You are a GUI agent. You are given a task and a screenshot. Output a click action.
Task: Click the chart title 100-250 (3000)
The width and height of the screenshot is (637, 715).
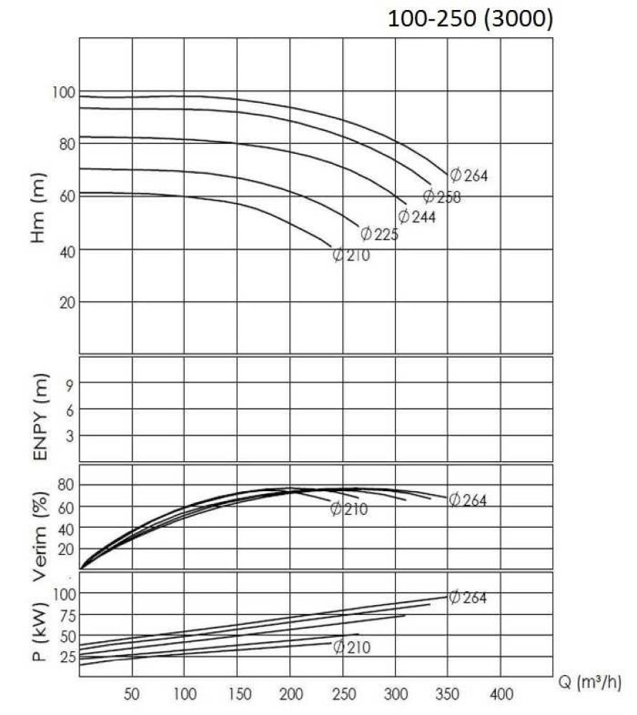[470, 19]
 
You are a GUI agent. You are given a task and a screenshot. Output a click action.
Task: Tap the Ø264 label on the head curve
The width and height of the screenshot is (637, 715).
[469, 175]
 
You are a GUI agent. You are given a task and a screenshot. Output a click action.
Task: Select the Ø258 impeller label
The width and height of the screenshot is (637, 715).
[442, 197]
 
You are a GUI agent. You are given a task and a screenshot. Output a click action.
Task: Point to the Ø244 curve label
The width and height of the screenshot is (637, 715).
[417, 216]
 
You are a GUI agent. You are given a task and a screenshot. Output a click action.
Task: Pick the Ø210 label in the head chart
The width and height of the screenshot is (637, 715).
[351, 255]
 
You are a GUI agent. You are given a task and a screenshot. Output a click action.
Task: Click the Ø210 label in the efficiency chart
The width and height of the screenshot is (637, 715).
[349, 508]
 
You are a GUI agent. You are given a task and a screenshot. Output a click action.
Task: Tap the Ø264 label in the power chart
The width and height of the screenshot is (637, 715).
[467, 597]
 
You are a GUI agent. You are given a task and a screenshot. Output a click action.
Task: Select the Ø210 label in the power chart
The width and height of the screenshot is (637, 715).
[351, 647]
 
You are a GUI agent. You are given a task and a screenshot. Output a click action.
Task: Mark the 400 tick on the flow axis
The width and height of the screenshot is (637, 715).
[500, 693]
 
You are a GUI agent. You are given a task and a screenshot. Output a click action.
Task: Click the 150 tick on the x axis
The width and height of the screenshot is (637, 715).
[237, 693]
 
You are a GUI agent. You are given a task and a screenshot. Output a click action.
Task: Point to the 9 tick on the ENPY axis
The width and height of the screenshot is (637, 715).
[72, 383]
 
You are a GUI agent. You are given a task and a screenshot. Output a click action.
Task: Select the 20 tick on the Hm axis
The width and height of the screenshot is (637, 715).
[66, 302]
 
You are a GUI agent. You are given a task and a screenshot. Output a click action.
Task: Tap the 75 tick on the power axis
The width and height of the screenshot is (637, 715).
[66, 615]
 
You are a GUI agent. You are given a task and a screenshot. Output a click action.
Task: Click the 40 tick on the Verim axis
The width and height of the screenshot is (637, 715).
[66, 528]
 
